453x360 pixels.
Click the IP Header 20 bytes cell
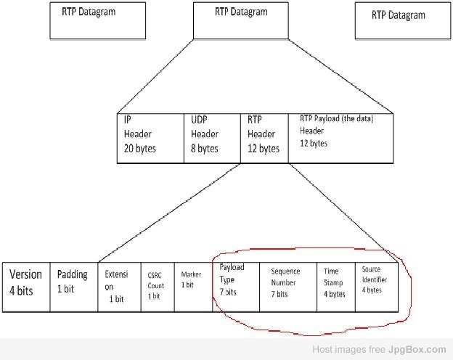coord(151,136)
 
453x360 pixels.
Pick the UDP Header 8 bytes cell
coord(213,136)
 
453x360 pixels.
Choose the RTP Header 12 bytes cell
coord(264,136)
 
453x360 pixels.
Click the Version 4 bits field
coord(26,287)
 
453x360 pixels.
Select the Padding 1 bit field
coord(73,287)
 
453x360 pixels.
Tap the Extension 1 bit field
coord(119,287)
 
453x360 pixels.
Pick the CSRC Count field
coord(157,287)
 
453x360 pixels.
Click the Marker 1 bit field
coord(193,287)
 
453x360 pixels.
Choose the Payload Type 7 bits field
coord(236,287)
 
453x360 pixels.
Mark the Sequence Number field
coord(288,287)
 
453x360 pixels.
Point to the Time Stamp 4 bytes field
coord(336,287)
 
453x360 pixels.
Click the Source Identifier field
coord(376,287)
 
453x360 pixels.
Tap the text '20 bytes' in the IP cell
coord(139,149)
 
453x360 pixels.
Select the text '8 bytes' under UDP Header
coord(204,149)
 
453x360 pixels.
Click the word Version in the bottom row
coord(25,275)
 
